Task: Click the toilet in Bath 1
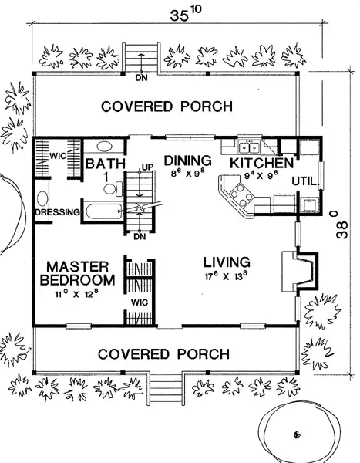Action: click(x=113, y=189)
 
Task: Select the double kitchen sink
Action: click(x=249, y=147)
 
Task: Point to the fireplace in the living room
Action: click(x=300, y=271)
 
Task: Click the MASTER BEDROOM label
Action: click(x=77, y=273)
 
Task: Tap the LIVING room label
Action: click(x=227, y=262)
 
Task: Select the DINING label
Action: click(x=187, y=161)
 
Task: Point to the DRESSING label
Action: click(x=57, y=212)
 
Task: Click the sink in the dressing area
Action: click(x=42, y=198)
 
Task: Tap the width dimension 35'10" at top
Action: click(x=185, y=14)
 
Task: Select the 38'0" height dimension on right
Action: click(x=341, y=225)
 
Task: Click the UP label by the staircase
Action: click(x=147, y=167)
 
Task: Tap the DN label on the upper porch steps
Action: click(x=141, y=78)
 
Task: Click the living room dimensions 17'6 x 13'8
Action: click(x=226, y=276)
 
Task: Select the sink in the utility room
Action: click(x=308, y=204)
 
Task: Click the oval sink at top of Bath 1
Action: click(x=104, y=147)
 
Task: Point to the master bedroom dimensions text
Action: click(x=76, y=294)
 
